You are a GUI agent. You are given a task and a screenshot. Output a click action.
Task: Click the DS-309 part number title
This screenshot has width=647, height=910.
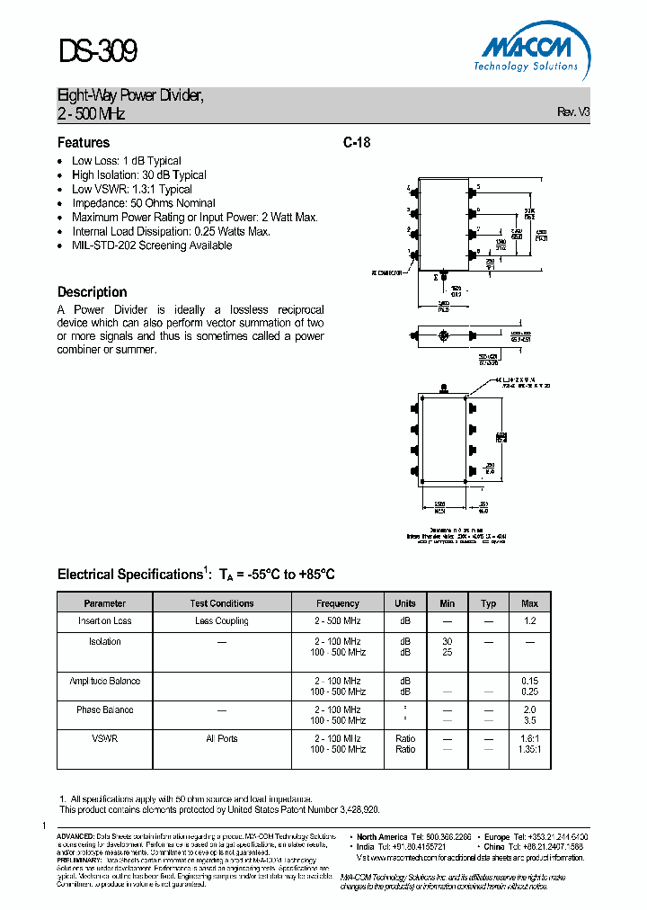click(98, 52)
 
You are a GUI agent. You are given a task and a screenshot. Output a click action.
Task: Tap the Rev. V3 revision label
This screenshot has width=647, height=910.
click(573, 112)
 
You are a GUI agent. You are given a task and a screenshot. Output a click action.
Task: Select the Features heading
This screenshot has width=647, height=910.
click(84, 142)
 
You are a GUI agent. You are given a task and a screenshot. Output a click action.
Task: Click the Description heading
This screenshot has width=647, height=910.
click(92, 292)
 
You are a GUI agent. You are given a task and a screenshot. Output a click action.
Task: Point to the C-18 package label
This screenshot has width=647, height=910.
click(357, 142)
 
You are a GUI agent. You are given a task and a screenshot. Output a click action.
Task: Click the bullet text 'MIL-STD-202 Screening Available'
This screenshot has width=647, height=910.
click(152, 245)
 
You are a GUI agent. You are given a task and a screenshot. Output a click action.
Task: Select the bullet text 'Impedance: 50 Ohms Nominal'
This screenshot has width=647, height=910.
click(144, 203)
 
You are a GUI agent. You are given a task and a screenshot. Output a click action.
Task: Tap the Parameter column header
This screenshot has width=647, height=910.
click(105, 603)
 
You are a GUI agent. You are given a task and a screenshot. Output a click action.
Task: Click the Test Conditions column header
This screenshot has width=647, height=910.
click(222, 603)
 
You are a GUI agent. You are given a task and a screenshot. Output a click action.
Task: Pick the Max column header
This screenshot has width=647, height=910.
click(529, 603)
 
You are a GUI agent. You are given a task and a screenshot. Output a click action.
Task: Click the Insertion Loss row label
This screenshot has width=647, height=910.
click(105, 621)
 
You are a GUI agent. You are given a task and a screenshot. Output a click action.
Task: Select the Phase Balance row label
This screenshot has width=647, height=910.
click(105, 710)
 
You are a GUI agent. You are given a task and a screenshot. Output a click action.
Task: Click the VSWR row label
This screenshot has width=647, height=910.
click(105, 739)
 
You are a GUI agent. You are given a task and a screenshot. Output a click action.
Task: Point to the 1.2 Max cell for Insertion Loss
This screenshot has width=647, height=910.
click(529, 621)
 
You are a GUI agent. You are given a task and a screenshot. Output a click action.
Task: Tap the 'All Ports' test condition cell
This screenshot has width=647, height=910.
click(222, 739)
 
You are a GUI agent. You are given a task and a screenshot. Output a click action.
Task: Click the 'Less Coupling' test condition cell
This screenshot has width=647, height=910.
click(222, 621)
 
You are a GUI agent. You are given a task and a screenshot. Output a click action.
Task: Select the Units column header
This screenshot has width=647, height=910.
click(405, 603)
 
